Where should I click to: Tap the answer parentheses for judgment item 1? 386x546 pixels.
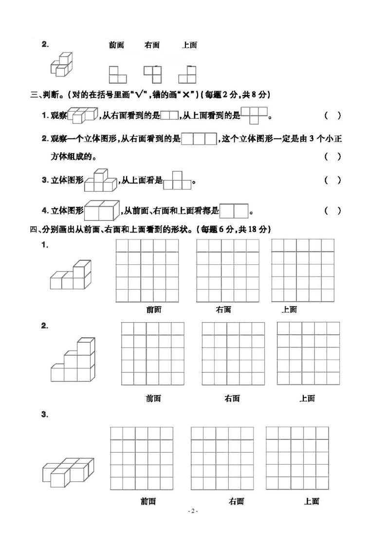coord(332,116)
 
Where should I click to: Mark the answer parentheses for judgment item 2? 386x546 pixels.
coord(332,156)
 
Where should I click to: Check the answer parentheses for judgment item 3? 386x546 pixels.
coord(332,180)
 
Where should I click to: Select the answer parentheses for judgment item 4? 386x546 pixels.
coord(332,211)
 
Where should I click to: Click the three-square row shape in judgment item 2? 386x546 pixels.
coord(199,139)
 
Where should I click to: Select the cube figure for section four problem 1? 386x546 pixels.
coord(71,275)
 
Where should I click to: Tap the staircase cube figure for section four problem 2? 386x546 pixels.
coord(72,360)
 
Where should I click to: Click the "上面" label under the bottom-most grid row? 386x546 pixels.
coord(311,501)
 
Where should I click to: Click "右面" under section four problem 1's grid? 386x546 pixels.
coord(223,309)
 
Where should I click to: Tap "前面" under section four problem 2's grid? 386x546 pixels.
coord(153,399)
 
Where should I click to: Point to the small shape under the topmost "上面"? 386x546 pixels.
coord(187,74)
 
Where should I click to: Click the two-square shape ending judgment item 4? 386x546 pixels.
coord(234,211)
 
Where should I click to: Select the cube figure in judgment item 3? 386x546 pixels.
coord(101,181)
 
